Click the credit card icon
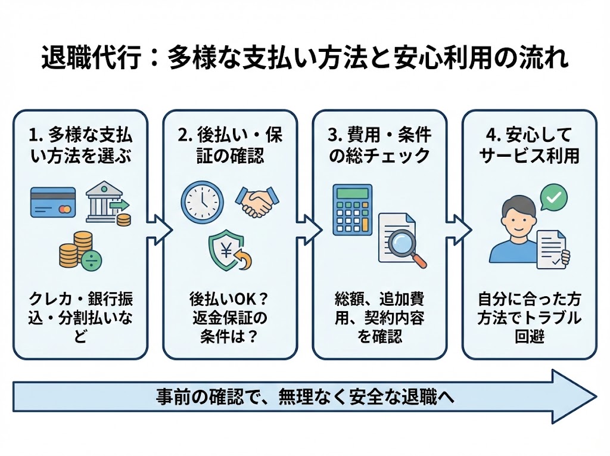point(53,202)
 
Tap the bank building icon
point(105,201)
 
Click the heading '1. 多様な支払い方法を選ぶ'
point(80,145)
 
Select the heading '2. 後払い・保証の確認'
point(230,145)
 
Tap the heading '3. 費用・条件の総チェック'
point(379,145)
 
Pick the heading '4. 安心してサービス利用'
point(529,145)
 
